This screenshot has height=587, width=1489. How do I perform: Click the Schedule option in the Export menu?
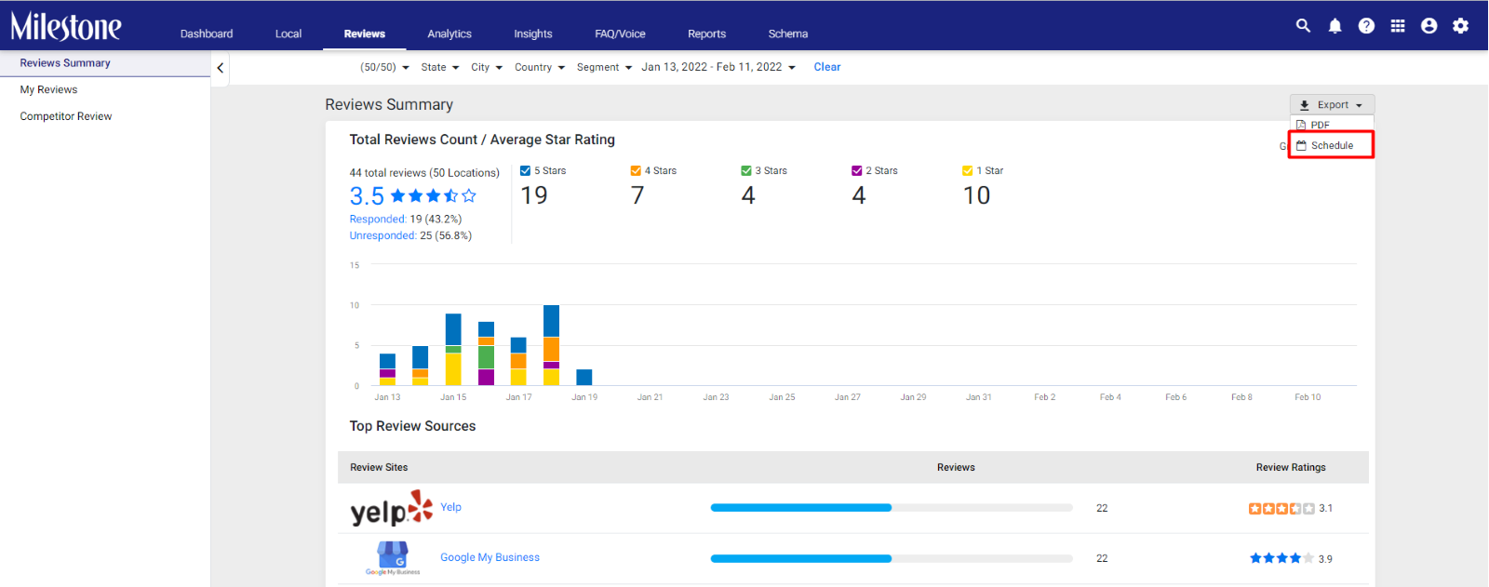tap(1331, 145)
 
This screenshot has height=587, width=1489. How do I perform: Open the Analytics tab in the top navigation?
tap(449, 33)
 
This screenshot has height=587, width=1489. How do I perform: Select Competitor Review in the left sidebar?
tap(66, 115)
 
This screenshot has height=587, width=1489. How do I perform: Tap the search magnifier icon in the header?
tap(1303, 25)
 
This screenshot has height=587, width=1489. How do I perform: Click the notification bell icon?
tap(1335, 26)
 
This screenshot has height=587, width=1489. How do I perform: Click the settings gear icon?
tap(1460, 26)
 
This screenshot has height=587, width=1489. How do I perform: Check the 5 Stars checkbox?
tap(525, 171)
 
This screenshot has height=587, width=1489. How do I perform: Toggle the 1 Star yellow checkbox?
tap(967, 171)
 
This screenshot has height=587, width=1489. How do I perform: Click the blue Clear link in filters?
tap(827, 66)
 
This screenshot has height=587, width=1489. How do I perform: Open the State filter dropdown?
tap(439, 67)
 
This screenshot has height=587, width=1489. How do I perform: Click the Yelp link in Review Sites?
tap(450, 507)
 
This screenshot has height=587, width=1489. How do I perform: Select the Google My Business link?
tap(490, 557)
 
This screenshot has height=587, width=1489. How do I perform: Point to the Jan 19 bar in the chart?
tap(584, 377)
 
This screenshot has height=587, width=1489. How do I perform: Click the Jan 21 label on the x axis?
tap(650, 397)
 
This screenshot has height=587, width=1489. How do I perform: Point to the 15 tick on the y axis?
tap(355, 264)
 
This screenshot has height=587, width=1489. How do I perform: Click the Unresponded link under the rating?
tap(382, 235)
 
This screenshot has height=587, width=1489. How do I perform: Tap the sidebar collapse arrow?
tap(220, 68)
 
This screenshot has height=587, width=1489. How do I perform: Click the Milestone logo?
tap(66, 27)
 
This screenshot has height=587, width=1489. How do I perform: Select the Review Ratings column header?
tap(1290, 467)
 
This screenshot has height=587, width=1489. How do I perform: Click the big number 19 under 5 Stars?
tap(534, 195)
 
